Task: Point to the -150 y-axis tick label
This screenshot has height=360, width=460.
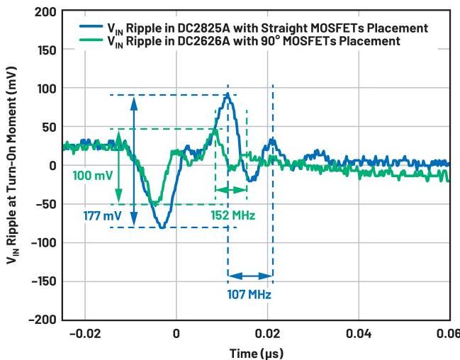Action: click(42, 281)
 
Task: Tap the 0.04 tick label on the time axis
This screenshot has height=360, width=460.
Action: click(358, 333)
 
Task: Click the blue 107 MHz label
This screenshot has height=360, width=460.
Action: click(249, 293)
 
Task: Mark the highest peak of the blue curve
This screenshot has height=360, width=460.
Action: click(227, 94)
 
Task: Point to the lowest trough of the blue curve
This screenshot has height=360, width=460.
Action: click(162, 227)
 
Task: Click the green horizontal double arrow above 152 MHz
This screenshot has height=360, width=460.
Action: click(231, 190)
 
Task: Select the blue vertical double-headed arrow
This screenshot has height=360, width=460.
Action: click(133, 161)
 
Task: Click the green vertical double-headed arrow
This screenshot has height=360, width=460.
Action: click(118, 167)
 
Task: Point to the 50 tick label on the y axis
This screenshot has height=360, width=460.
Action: click(49, 128)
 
